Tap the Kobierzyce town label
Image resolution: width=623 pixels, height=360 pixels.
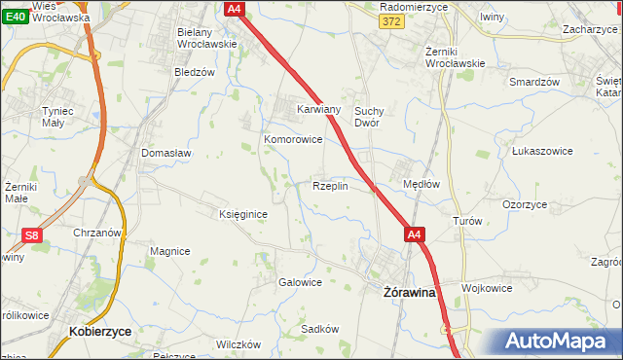click(101, 332)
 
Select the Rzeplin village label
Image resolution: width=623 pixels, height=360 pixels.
click(330, 186)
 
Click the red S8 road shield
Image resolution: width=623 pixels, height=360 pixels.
click(32, 234)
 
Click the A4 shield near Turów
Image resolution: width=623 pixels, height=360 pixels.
click(415, 234)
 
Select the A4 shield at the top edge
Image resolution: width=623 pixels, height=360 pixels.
click(234, 9)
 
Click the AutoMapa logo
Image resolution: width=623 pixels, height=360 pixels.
click(560, 342)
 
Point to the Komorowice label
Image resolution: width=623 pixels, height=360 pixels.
click(293, 139)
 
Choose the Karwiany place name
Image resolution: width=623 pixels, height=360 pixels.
click(318, 110)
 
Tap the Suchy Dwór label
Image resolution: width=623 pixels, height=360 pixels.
click(373, 117)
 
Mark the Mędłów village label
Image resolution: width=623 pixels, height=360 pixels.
click(421, 184)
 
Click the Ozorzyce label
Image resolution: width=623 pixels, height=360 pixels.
click(525, 205)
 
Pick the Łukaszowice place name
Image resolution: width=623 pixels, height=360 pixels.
click(540, 151)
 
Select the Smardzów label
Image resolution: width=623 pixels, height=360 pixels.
click(534, 82)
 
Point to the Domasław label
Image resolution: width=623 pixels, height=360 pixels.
click(166, 153)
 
